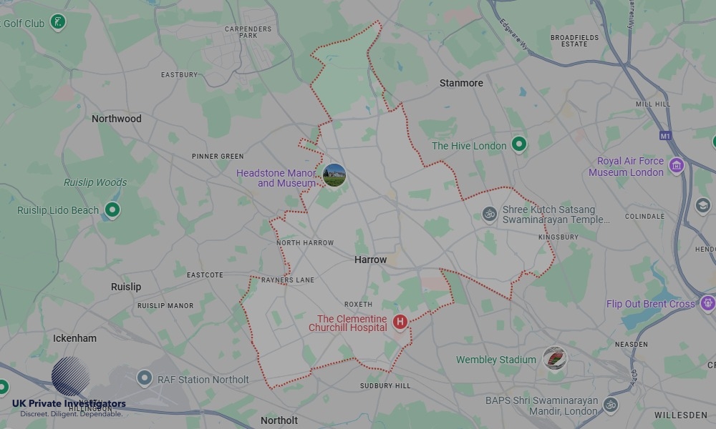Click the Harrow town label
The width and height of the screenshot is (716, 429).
click(370, 260)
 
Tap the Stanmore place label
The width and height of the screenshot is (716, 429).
click(461, 83)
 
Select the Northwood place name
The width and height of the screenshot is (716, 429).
click(117, 119)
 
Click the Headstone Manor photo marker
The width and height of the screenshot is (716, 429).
click(334, 174)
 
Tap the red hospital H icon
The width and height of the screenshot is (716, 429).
click(400, 322)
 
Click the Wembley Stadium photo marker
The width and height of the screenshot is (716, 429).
click(554, 358)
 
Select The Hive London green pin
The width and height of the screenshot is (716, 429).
click(519, 145)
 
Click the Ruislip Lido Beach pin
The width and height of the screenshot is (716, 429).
click(112, 210)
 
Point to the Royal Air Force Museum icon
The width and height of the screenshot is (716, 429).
click(676, 166)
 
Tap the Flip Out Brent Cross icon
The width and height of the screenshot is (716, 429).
click(708, 303)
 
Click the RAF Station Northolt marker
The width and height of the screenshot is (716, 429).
click(145, 379)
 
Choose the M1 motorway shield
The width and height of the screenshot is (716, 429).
click(666, 135)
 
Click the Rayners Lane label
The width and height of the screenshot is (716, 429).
click(288, 280)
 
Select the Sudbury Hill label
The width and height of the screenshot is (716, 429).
click(385, 385)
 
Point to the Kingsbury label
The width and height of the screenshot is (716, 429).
click(558, 237)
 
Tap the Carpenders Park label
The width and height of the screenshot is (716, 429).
click(248, 31)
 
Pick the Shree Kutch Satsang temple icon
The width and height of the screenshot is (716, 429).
click(490, 214)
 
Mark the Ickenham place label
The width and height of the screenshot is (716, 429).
click(74, 337)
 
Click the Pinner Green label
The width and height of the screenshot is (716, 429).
click(218, 156)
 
